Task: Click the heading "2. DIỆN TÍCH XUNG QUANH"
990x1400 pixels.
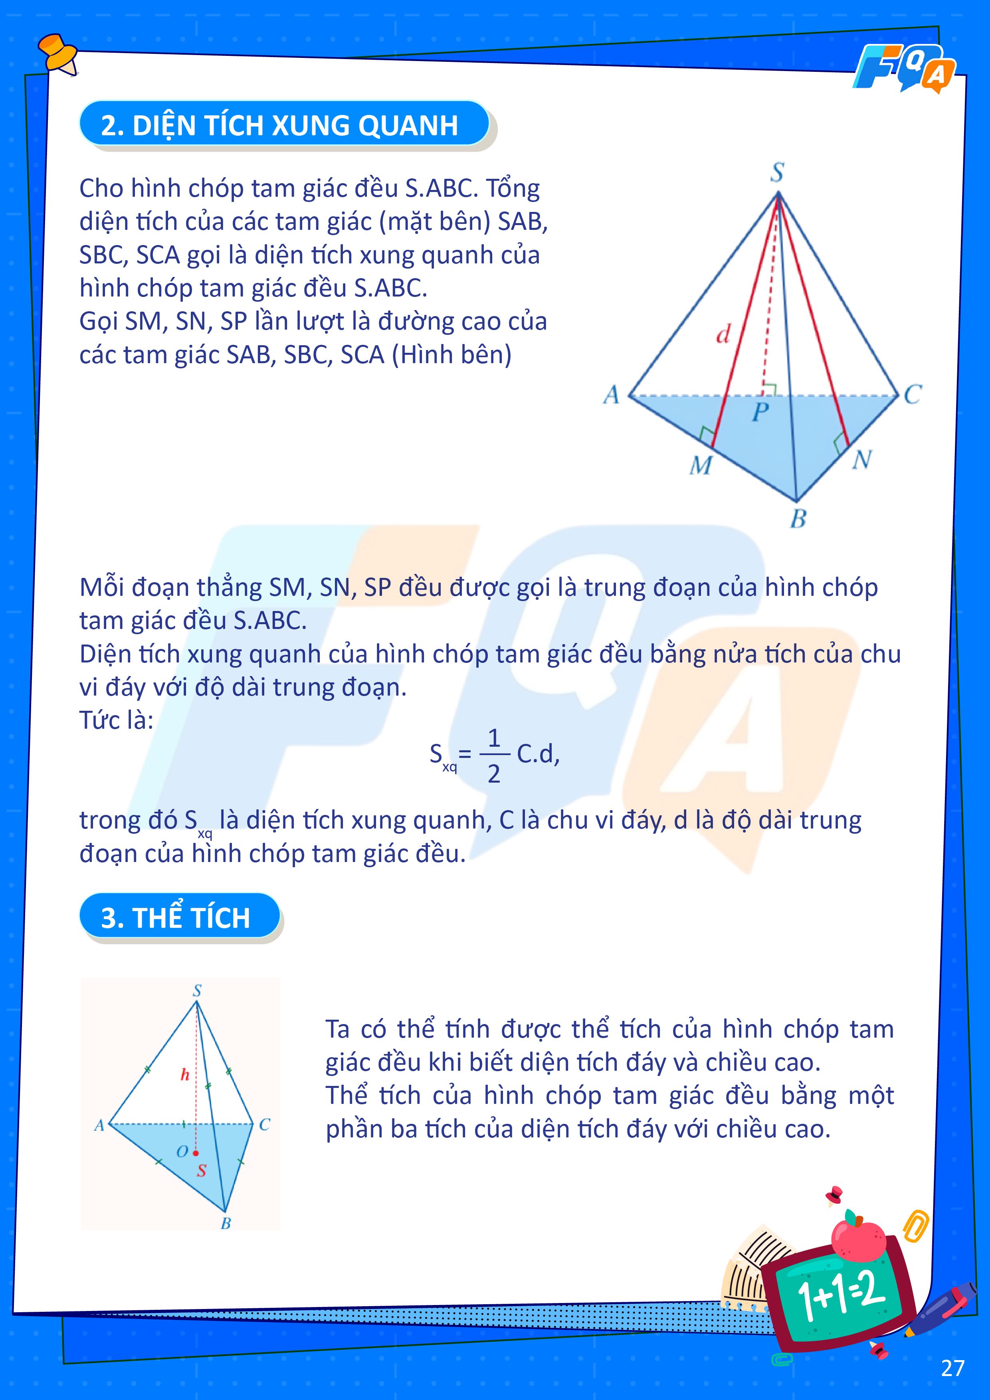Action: pos(279,125)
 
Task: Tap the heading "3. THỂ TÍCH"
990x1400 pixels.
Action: pos(176,918)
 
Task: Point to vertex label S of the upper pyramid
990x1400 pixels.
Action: pos(776,172)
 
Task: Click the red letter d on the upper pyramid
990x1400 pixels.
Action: pos(723,334)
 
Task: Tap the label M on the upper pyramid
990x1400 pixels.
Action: pos(700,466)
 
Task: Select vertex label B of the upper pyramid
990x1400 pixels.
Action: pos(798,519)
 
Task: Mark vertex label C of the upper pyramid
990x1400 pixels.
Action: pos(913,395)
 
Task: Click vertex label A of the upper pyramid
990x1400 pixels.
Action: pos(611,395)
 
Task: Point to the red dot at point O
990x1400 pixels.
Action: pos(196,1153)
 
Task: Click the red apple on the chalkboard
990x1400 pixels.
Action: pos(859,1240)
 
